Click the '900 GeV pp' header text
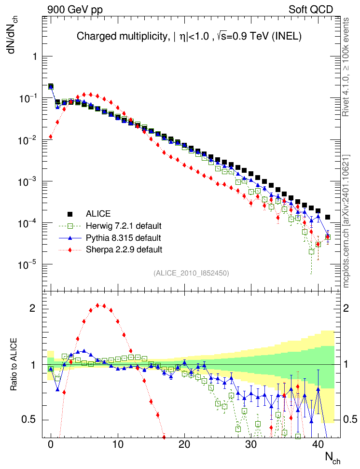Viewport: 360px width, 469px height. coord(75,9)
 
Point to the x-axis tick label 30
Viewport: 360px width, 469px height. coord(250,443)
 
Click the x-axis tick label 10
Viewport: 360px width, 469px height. coord(117,443)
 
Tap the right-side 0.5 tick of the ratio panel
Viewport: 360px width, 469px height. coord(349,419)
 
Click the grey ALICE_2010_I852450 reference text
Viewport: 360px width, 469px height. coord(191,273)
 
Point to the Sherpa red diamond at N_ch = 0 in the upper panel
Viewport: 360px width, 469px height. coord(51,137)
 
